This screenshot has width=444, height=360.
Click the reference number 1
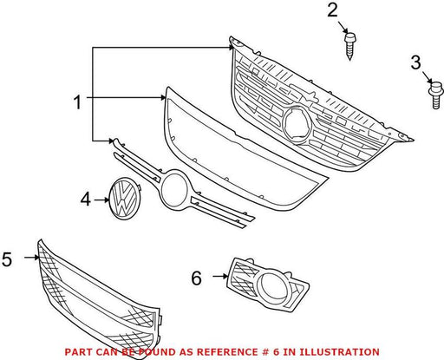coord(77,102)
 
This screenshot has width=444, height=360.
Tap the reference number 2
coord(332,10)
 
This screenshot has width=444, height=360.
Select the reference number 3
coord(415,62)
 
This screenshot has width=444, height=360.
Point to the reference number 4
coord(86,200)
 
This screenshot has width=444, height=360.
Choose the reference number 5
coord(7,259)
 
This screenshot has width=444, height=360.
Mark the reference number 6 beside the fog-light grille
coord(196,278)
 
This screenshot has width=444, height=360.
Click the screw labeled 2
coord(350,46)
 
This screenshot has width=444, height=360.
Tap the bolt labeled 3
coord(435,95)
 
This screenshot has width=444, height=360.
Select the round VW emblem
coord(123,199)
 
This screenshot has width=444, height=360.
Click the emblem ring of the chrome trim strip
coord(174,189)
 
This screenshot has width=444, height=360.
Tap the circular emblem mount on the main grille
coord(297,124)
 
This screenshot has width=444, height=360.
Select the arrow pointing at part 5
coord(31,257)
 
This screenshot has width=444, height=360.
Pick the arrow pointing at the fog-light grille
coord(220,277)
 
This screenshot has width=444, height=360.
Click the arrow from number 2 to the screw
coord(343,27)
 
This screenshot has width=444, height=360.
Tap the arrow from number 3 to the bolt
coord(428,77)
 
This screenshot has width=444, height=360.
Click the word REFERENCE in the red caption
coord(226,352)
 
